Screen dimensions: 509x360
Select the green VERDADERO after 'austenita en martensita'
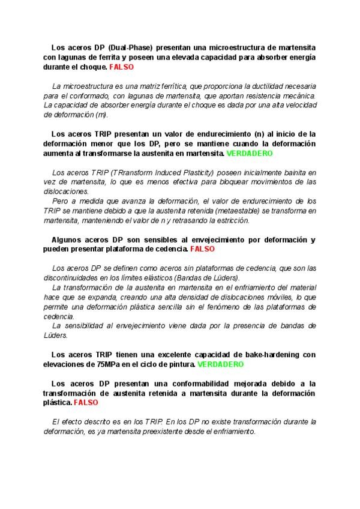pyautogui.click(x=249, y=154)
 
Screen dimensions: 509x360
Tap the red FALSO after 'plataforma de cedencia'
pyautogui.click(x=202, y=248)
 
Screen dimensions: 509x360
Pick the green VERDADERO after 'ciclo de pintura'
pyautogui.click(x=221, y=364)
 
